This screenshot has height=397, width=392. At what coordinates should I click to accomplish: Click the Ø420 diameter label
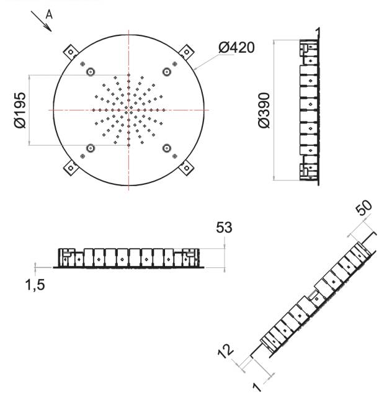tap(236, 47)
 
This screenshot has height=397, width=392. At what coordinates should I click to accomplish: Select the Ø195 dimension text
tap(20, 110)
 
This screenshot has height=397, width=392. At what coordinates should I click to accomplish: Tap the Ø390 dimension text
tap(264, 110)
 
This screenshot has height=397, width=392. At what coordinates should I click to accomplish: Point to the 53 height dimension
tap(224, 227)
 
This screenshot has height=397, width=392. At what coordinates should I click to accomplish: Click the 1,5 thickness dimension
tap(35, 285)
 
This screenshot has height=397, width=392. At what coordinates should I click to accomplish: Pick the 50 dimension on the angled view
tap(363, 208)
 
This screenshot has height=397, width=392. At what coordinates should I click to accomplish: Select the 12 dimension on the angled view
tap(226, 350)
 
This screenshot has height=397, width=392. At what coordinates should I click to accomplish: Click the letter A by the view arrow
tap(49, 15)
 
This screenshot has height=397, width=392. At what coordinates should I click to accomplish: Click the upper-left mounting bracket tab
tap(71, 52)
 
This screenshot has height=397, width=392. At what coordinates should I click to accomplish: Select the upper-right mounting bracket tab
tap(186, 52)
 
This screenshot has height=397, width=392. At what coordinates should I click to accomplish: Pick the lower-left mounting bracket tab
tap(71, 168)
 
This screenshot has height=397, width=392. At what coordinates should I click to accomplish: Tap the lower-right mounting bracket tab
tap(186, 168)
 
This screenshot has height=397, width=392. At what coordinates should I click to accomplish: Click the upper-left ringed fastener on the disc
tap(91, 72)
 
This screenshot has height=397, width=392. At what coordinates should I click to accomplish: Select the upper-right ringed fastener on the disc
tap(167, 72)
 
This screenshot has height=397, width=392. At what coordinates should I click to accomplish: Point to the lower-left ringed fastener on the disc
tap(91, 148)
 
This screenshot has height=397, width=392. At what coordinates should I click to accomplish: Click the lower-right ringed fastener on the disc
tap(167, 148)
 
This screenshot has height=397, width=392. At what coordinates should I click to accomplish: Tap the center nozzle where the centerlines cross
tap(128, 110)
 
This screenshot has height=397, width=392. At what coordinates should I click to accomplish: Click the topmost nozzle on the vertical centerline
tap(128, 75)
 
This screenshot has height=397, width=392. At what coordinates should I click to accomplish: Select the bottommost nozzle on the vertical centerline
tap(128, 145)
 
